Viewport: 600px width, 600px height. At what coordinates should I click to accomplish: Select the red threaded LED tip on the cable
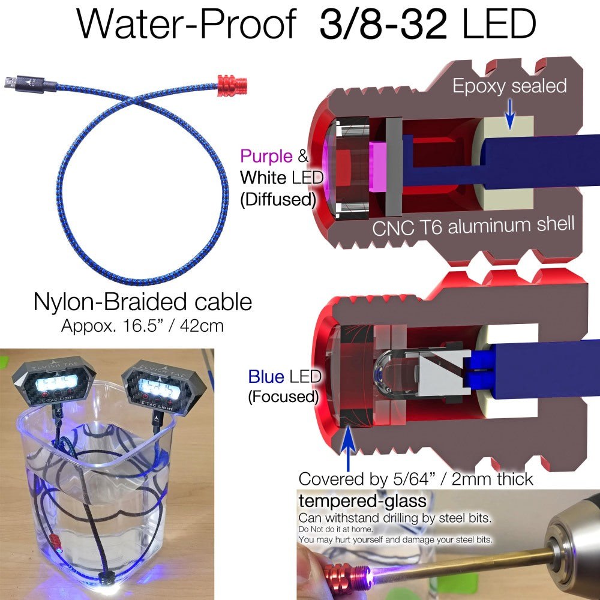pyautogui.click(x=232, y=85)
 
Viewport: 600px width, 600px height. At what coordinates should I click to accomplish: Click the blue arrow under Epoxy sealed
pyautogui.click(x=509, y=114)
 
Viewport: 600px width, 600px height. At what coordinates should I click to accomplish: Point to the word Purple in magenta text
pyautogui.click(x=266, y=156)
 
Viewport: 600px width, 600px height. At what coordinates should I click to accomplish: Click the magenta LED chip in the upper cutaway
pyautogui.click(x=378, y=166)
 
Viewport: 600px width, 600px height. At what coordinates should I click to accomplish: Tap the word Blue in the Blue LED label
pyautogui.click(x=266, y=377)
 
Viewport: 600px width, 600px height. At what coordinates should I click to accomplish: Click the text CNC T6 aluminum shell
pyautogui.click(x=473, y=226)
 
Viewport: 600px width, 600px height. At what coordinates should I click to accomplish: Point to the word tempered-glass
pyautogui.click(x=362, y=501)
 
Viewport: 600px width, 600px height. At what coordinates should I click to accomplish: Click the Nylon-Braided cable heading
pyautogui.click(x=143, y=302)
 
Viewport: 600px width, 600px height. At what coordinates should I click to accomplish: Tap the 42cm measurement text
pyautogui.click(x=202, y=326)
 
